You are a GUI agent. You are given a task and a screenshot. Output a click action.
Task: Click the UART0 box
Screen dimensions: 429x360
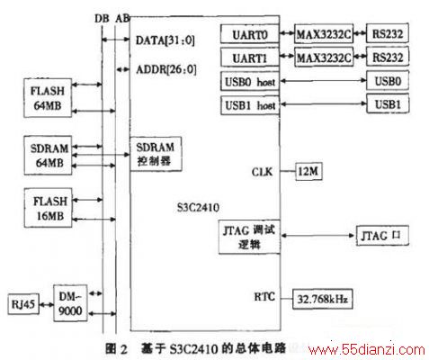[250, 34]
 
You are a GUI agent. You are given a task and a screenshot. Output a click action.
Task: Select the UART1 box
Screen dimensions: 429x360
[250, 58]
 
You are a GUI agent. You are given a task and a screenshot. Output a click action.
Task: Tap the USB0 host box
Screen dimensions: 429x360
[250, 81]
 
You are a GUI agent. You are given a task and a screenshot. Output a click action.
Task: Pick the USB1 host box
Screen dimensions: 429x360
[250, 105]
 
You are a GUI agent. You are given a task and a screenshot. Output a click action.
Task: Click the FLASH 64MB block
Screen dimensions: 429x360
[48, 98]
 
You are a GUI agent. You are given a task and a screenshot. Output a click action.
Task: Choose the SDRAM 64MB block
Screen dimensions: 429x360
[48, 155]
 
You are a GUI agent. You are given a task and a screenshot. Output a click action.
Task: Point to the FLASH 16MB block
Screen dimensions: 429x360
[48, 208]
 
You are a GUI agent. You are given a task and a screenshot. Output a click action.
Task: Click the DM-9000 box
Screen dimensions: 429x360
[70, 303]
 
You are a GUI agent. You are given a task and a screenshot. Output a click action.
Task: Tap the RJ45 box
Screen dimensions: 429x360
[23, 304]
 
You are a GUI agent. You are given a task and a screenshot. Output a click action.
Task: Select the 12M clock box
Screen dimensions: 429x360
[308, 172]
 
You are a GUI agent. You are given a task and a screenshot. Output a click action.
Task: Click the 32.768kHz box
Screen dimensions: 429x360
[323, 299]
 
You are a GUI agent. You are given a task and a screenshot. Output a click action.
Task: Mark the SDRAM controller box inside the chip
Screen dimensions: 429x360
[156, 154]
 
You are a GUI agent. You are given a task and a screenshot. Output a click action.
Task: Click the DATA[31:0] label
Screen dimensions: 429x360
[165, 40]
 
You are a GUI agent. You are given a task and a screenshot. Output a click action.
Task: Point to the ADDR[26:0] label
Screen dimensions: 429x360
[166, 69]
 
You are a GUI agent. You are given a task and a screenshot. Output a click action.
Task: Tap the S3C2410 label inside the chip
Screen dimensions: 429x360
[198, 208]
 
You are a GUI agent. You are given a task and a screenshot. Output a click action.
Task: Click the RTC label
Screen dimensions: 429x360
[264, 297]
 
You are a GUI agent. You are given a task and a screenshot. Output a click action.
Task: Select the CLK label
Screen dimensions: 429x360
[262, 172]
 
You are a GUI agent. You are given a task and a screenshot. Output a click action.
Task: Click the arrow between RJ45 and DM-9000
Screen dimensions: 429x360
[46, 305]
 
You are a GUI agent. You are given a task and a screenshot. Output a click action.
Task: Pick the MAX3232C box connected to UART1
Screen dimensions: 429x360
[324, 57]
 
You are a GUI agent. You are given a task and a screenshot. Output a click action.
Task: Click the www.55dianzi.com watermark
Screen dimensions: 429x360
[367, 350]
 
